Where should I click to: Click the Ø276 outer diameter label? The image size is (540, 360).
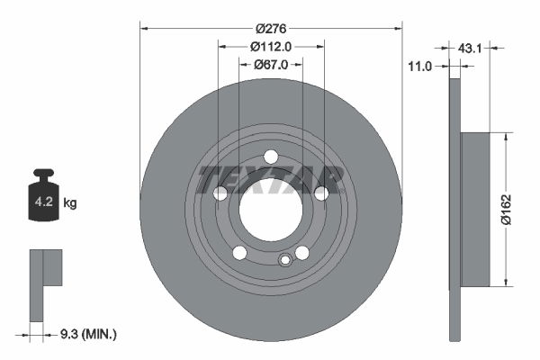(270, 29)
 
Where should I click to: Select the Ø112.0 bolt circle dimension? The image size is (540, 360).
(270, 47)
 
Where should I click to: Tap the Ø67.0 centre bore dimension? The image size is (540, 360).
(270, 64)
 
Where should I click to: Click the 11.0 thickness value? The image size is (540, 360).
(421, 66)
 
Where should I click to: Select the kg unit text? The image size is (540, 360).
(70, 203)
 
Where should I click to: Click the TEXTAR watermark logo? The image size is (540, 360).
(271, 179)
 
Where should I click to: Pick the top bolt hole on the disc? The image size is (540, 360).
(271, 157)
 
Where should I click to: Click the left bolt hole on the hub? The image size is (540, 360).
(220, 193)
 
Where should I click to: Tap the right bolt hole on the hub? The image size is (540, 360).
(321, 193)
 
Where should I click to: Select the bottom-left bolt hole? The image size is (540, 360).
(239, 253)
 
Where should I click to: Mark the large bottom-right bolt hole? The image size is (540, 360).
(302, 253)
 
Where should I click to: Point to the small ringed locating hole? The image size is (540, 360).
(285, 261)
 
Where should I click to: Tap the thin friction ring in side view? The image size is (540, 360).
(454, 209)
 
